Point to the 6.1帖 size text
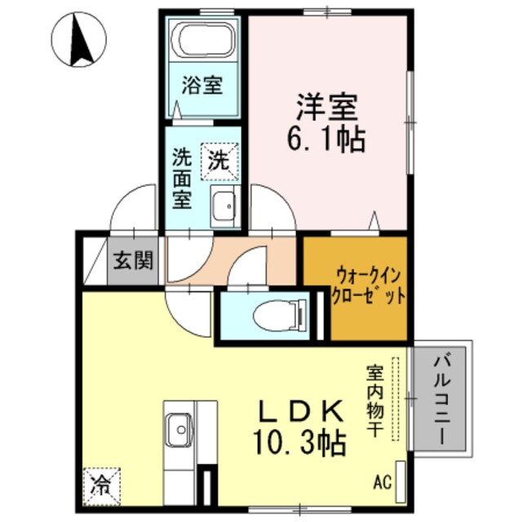325,139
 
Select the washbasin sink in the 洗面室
223,204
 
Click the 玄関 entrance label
133,262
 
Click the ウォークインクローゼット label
366,286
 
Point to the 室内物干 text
371,400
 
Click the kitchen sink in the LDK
179,426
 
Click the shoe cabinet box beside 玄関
95,259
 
